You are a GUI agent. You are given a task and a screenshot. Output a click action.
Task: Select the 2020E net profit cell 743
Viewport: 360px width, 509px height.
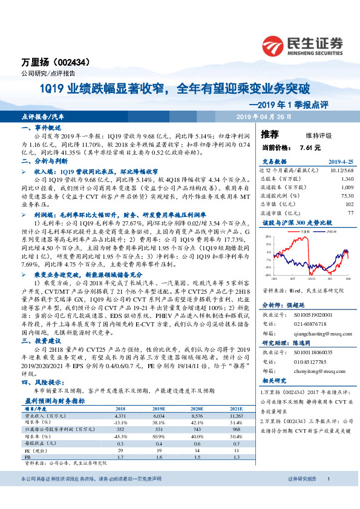coord(196,429)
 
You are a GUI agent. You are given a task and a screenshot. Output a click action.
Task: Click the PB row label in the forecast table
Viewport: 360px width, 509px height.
coord(27,456)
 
